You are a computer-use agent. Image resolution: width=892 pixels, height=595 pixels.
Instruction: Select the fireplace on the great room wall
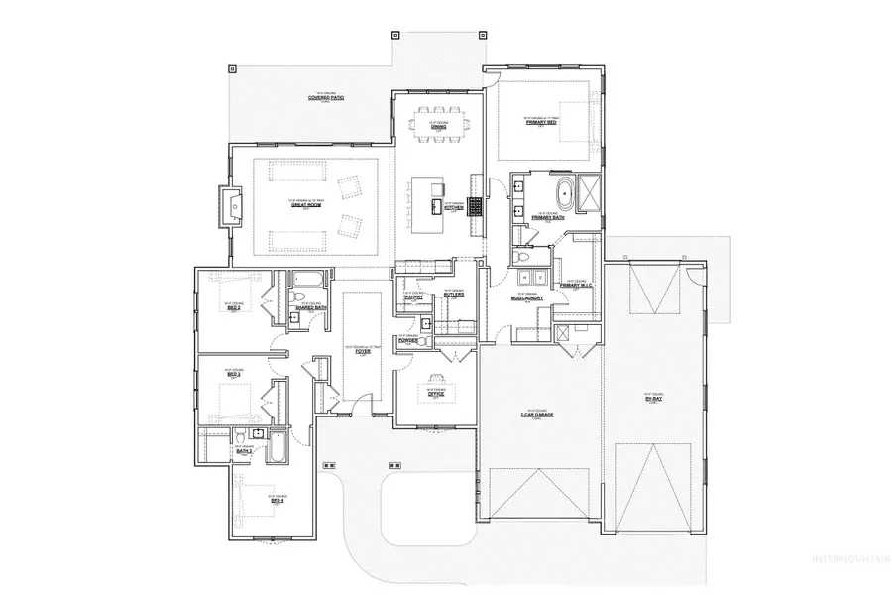(x=230, y=206)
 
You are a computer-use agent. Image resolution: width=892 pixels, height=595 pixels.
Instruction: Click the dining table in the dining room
(x=437, y=122)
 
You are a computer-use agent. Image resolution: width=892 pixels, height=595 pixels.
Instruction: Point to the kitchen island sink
(x=435, y=205)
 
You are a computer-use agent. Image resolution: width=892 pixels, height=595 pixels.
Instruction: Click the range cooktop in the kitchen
(x=475, y=207)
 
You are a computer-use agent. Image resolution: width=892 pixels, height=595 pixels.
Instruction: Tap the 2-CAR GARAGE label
(x=543, y=414)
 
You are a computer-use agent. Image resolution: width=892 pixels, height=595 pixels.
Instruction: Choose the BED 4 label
(x=277, y=501)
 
